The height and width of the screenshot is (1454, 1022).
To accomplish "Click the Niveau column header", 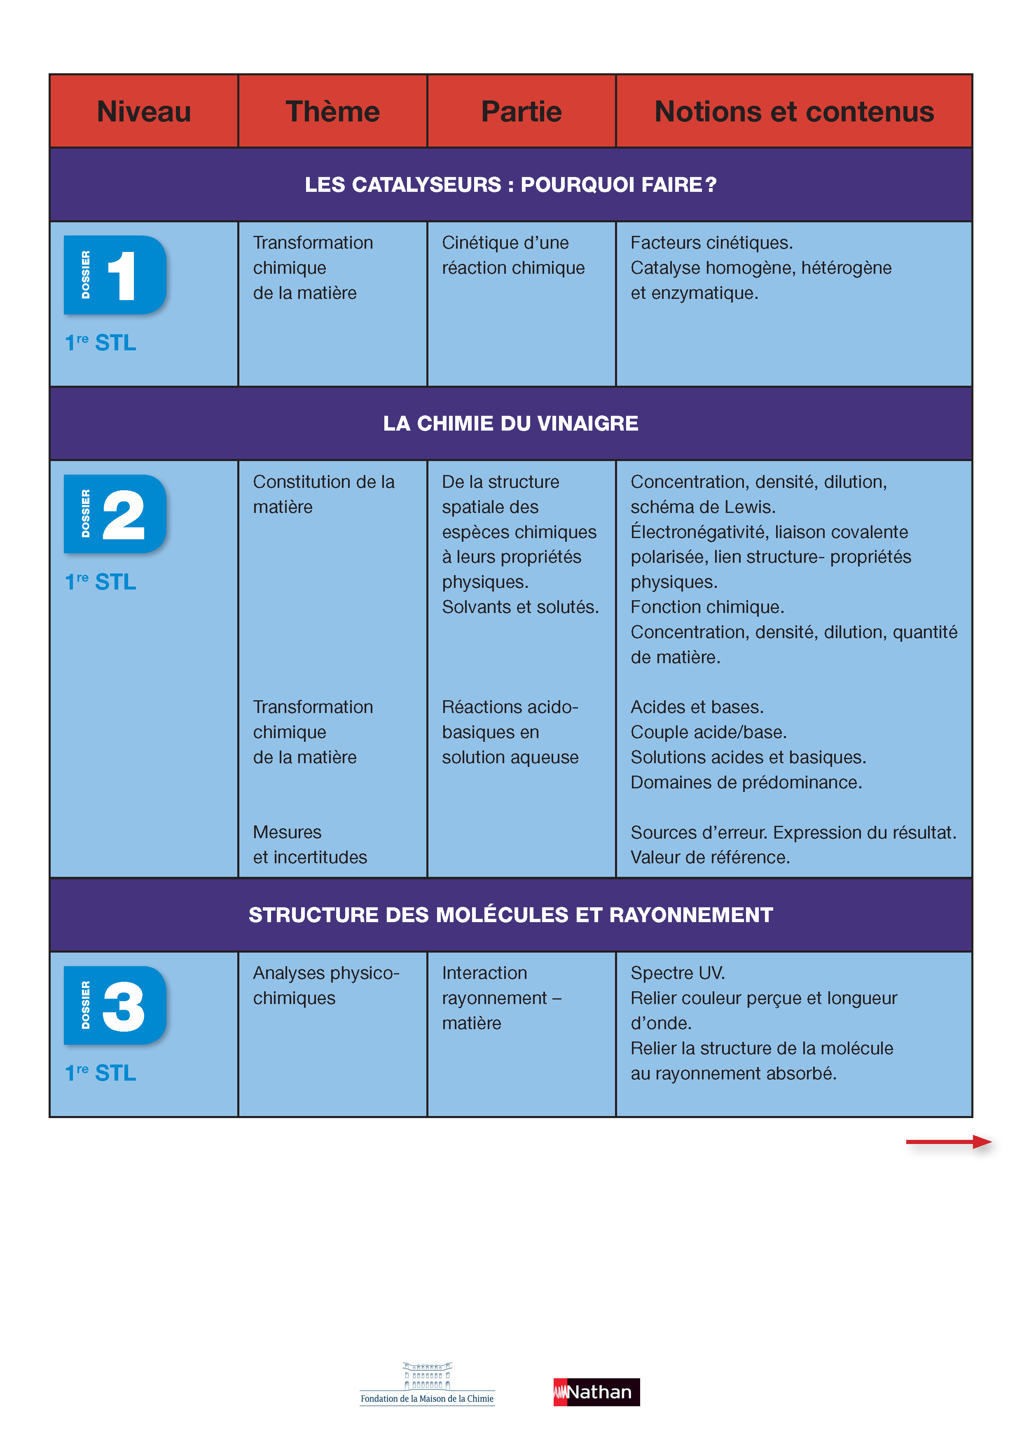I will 144,112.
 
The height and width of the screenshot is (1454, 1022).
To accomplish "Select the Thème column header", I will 333,112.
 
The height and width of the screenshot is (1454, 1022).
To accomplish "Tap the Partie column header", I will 522,112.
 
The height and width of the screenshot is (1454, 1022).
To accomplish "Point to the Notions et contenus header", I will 794,112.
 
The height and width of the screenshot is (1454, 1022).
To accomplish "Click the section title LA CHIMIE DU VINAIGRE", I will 511,423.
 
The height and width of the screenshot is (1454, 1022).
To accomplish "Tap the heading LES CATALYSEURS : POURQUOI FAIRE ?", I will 511,184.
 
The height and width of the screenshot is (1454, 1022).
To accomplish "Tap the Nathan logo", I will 596,1392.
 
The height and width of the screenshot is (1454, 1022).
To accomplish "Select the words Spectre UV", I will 677,973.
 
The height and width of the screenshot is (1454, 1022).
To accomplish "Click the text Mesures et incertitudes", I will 310,844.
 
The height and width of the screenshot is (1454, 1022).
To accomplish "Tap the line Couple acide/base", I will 709,732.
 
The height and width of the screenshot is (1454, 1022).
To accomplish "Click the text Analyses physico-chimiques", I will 326,986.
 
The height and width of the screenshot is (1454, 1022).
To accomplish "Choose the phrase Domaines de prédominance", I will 746,782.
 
